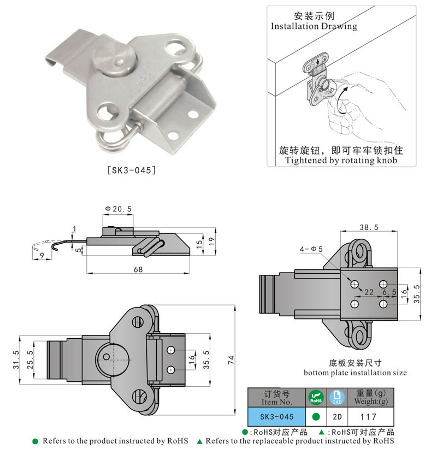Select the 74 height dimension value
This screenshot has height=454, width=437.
(231, 360)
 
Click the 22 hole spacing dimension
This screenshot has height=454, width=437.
(370, 293)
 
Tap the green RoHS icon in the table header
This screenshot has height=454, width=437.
(316, 397)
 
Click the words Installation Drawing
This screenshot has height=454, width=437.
(314, 26)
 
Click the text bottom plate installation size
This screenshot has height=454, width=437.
(355, 373)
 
